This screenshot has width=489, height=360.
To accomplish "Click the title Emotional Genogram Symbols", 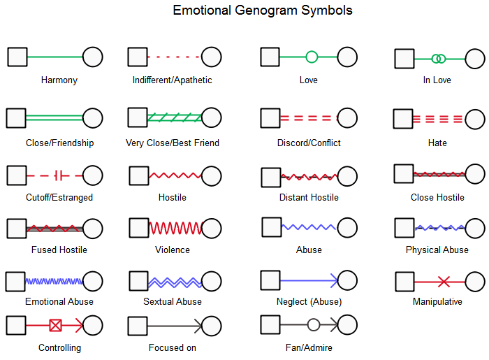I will [x=263, y=10].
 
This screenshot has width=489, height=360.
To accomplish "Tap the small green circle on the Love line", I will [x=312, y=57].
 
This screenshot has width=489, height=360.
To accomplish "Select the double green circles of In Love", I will [x=438, y=59].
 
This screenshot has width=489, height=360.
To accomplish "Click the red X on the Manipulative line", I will [x=443, y=282].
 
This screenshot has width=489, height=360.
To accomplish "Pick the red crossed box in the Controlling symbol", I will [x=55, y=325].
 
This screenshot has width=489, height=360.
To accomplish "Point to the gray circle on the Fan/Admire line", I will [x=314, y=324].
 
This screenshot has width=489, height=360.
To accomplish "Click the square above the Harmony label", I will [x=17, y=57].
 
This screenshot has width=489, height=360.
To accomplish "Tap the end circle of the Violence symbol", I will [x=212, y=227].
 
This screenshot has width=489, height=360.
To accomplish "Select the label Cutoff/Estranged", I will [x=59, y=197].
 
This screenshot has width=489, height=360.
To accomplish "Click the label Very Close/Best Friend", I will [x=173, y=143].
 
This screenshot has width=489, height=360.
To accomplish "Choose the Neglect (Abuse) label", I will [x=309, y=302].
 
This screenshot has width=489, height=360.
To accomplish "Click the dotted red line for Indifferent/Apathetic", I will [x=174, y=57].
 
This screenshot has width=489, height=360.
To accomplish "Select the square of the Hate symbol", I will [x=403, y=119].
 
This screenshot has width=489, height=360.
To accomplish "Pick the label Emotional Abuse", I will [x=59, y=302].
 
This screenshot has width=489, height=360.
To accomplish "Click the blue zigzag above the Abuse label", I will [x=309, y=226].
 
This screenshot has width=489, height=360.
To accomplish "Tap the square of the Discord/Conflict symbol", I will [x=270, y=118].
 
